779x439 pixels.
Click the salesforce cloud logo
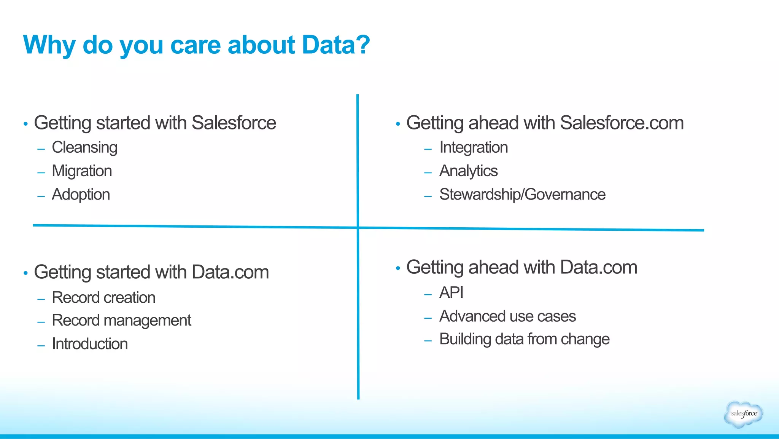click(743, 414)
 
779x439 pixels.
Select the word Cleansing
click(84, 148)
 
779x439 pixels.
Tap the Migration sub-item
click(82, 171)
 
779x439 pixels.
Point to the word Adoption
click(81, 195)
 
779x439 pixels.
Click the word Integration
click(474, 148)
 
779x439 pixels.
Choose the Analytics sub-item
click(468, 171)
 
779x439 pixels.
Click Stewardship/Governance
click(522, 195)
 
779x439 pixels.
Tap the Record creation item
click(103, 298)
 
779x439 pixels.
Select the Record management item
click(121, 321)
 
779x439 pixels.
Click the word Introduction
click(90, 344)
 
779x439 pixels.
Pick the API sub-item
click(451, 293)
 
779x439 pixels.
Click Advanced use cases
click(507, 316)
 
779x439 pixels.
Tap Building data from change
click(524, 339)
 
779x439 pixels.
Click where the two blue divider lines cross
click(358, 228)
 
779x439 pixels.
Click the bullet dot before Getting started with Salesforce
click(25, 124)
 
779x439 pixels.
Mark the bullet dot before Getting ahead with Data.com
click(398, 268)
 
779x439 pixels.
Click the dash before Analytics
click(428, 173)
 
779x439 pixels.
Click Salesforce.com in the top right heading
click(622, 123)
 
